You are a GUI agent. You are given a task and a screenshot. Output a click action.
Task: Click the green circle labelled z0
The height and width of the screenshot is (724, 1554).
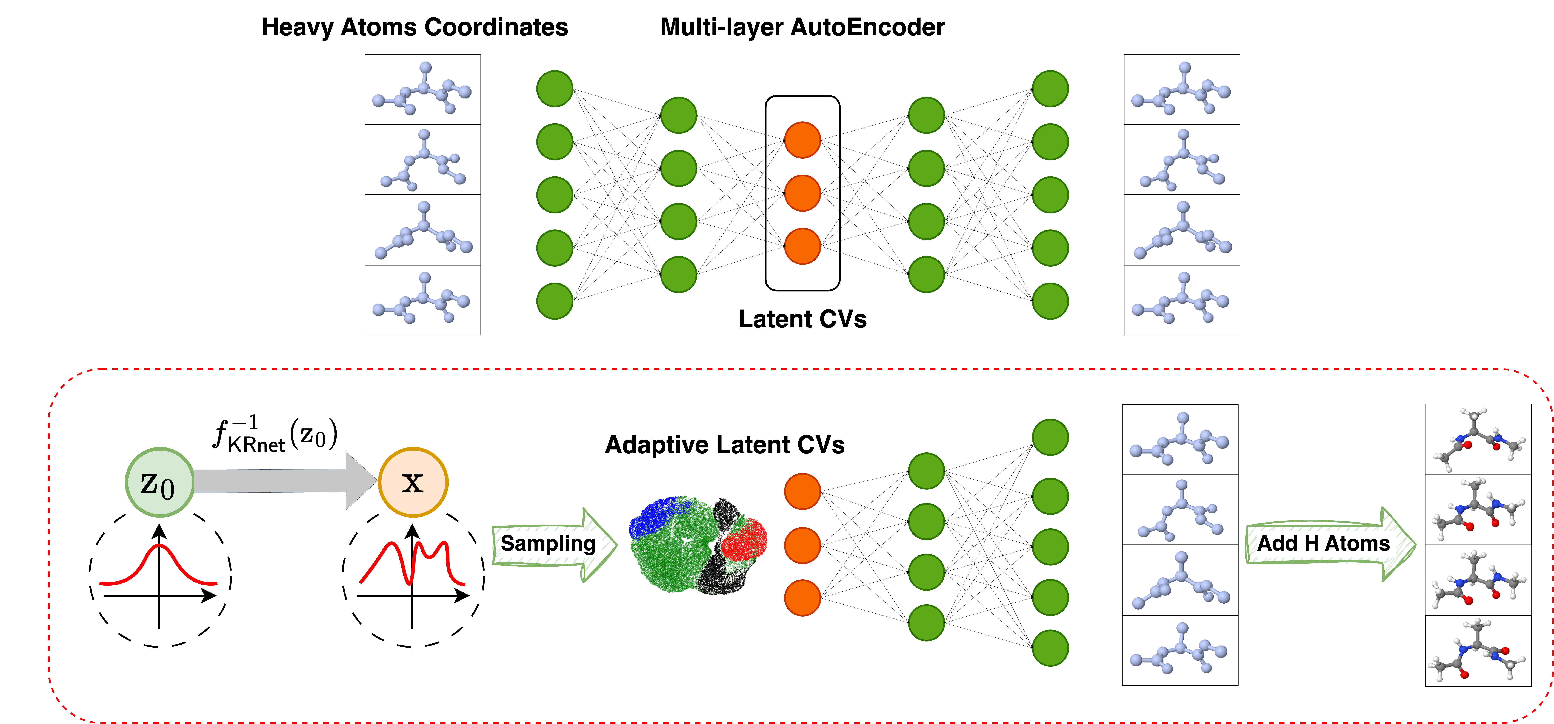pos(159,482)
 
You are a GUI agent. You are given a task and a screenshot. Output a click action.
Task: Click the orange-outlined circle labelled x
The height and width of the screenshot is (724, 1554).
pos(413,482)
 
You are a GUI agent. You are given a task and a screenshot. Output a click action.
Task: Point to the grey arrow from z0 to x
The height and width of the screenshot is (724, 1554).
pos(284,481)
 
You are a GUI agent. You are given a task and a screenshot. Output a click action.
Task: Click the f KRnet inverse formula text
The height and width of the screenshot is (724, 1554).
pos(275,433)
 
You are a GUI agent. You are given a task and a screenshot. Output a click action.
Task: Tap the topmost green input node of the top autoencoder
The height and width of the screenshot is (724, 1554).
pos(554,89)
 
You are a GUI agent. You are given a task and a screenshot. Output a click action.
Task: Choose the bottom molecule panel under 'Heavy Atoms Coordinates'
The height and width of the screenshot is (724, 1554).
pos(422,300)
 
